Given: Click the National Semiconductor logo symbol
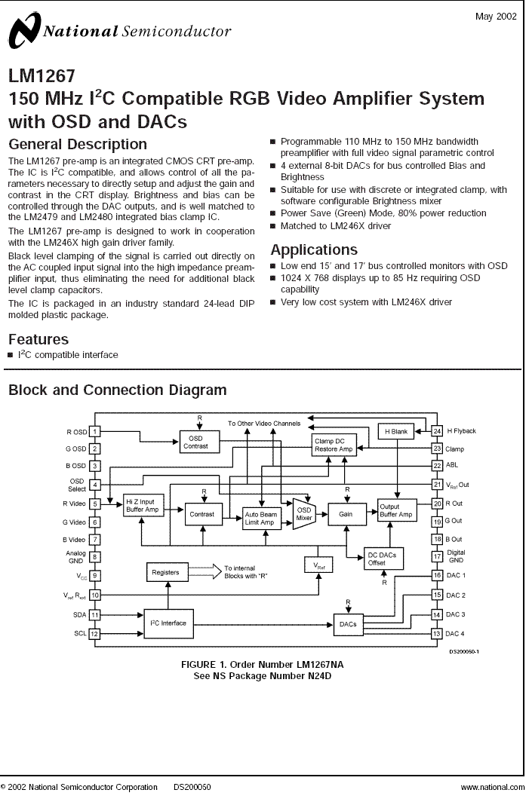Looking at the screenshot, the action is point(23,31).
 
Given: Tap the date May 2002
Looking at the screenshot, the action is point(496,17).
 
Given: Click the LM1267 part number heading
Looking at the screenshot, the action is point(42,75).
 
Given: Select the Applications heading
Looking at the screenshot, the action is point(314,249).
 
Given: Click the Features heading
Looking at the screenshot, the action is point(38,339).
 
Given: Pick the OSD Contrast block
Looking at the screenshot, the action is point(199,442).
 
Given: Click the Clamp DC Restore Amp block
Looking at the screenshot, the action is point(334,445).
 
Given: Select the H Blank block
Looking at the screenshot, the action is point(396,432).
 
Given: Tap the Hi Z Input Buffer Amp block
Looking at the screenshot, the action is point(143,506).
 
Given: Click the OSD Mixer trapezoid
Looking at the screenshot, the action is point(304,514).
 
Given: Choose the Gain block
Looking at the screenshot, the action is point(346,514).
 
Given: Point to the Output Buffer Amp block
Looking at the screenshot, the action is point(397,510).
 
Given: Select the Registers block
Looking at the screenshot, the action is point(166,572).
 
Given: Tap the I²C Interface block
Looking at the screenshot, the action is point(168,623).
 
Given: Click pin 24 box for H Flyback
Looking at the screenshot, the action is point(437,431).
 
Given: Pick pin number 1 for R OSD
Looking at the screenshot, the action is point(95,432).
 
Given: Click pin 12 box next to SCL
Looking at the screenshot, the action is point(95,634).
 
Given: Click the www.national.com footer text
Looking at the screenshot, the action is point(493,787).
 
